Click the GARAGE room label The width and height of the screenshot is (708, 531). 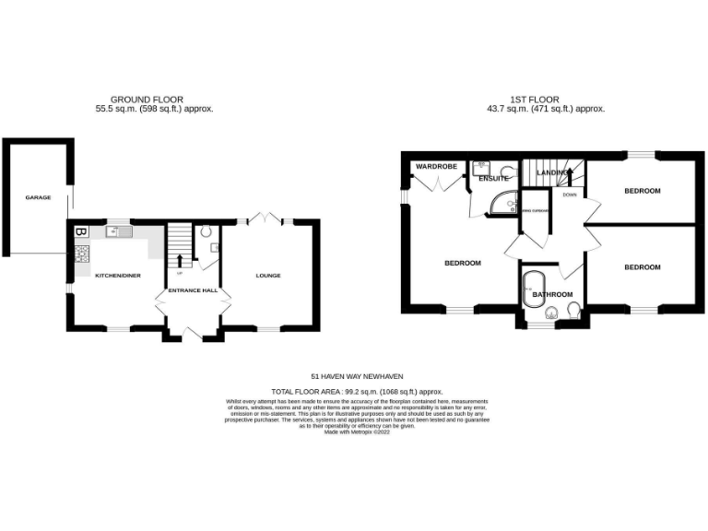[x=38, y=197]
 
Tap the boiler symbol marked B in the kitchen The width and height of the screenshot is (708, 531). [x=79, y=232]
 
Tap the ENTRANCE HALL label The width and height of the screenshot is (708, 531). [x=192, y=291]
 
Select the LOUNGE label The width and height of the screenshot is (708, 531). [x=268, y=276]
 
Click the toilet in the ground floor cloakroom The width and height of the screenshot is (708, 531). [x=206, y=232]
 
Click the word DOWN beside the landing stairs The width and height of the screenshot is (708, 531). [x=570, y=195]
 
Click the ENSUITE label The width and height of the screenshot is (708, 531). [x=494, y=178]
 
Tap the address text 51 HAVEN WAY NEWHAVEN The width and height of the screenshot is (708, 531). [x=357, y=376]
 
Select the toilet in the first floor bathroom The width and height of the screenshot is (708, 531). [x=572, y=310]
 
